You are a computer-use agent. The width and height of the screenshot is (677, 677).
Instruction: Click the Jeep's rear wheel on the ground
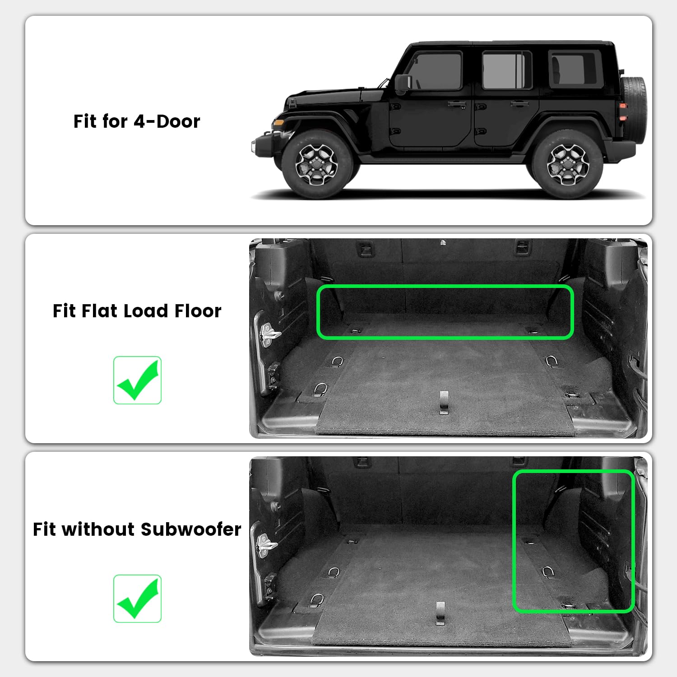567,164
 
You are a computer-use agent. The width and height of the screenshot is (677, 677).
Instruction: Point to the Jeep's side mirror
402,83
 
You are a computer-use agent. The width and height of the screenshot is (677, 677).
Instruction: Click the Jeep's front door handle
457,104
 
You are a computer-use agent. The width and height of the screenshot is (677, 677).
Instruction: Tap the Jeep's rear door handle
519,104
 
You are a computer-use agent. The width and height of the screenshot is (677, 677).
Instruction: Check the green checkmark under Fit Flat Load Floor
137,380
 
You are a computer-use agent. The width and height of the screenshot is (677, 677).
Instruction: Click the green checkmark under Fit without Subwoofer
137,598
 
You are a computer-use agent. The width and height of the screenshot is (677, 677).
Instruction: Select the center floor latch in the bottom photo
441,613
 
